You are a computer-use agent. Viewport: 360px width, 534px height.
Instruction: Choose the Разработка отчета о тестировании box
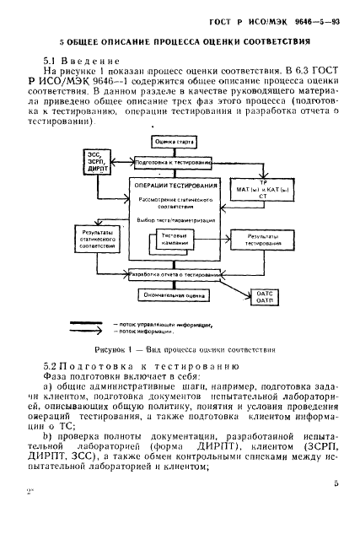pyautogui.click(x=174, y=274)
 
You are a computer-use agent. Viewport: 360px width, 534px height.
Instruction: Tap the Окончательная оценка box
pyautogui.click(x=174, y=296)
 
